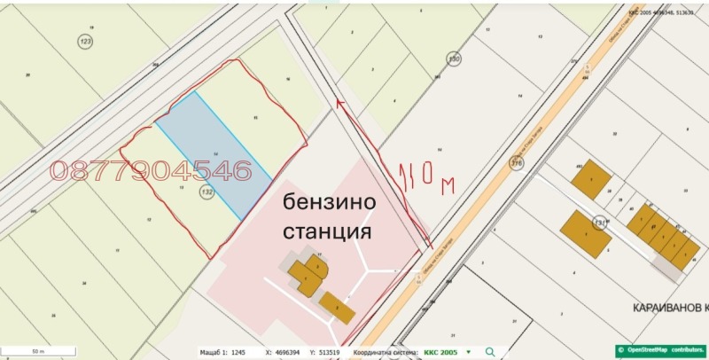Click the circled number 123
(86, 42)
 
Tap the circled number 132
(207, 192)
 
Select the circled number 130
(454, 59)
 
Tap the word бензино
(329, 202)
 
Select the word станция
(327, 232)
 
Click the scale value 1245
(238, 352)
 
